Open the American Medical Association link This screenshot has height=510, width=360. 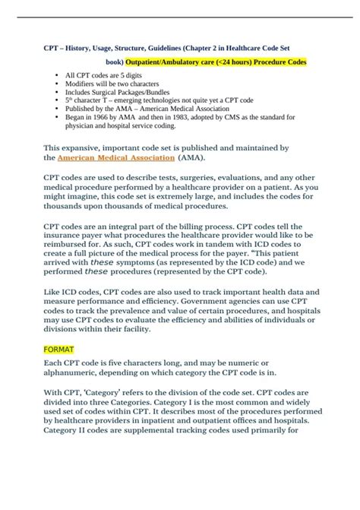115,158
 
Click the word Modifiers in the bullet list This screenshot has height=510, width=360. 82,87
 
